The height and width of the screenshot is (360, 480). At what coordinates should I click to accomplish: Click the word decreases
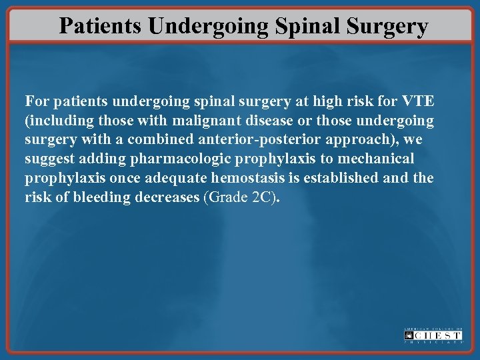tap(167, 198)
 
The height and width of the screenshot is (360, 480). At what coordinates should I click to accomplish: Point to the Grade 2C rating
tap(239, 198)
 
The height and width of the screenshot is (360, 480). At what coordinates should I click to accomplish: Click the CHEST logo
tap(433, 335)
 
